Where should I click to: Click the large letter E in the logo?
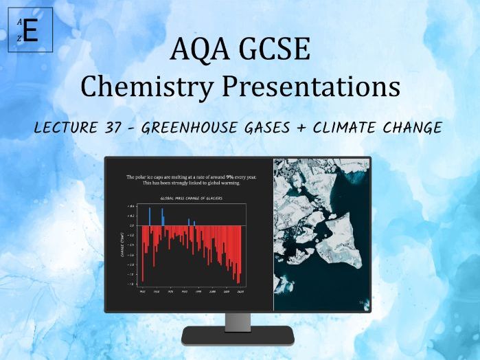(x=30, y=32)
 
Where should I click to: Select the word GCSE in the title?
(x=277, y=52)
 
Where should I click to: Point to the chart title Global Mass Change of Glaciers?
(x=190, y=198)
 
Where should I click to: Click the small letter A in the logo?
(x=20, y=23)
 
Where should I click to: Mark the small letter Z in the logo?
(x=20, y=39)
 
